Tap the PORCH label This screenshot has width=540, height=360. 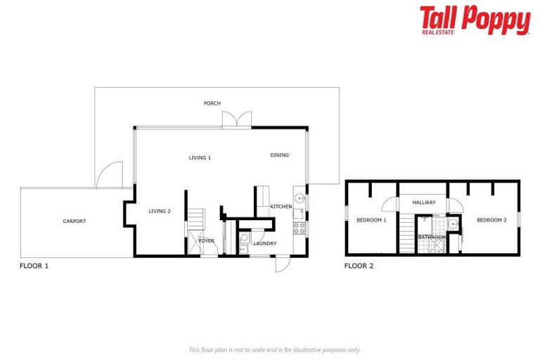[212, 103]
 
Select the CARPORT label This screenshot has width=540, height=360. [75, 221]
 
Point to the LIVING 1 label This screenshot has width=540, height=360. [200, 157]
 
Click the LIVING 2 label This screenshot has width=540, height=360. [160, 210]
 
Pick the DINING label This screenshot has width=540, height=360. [279, 155]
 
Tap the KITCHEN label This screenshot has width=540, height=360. [281, 206]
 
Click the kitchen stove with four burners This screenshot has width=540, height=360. [299, 228]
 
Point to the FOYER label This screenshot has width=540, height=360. [206, 241]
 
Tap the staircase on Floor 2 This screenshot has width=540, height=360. [407, 235]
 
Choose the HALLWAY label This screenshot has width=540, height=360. [424, 202]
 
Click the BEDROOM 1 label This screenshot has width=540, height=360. [371, 220]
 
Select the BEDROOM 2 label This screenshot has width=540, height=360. [491, 220]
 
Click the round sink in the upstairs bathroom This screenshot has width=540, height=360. [454, 225]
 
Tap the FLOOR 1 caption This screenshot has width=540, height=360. [34, 266]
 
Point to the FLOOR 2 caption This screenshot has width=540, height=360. [359, 266]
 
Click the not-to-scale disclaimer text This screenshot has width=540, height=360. [274, 349]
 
